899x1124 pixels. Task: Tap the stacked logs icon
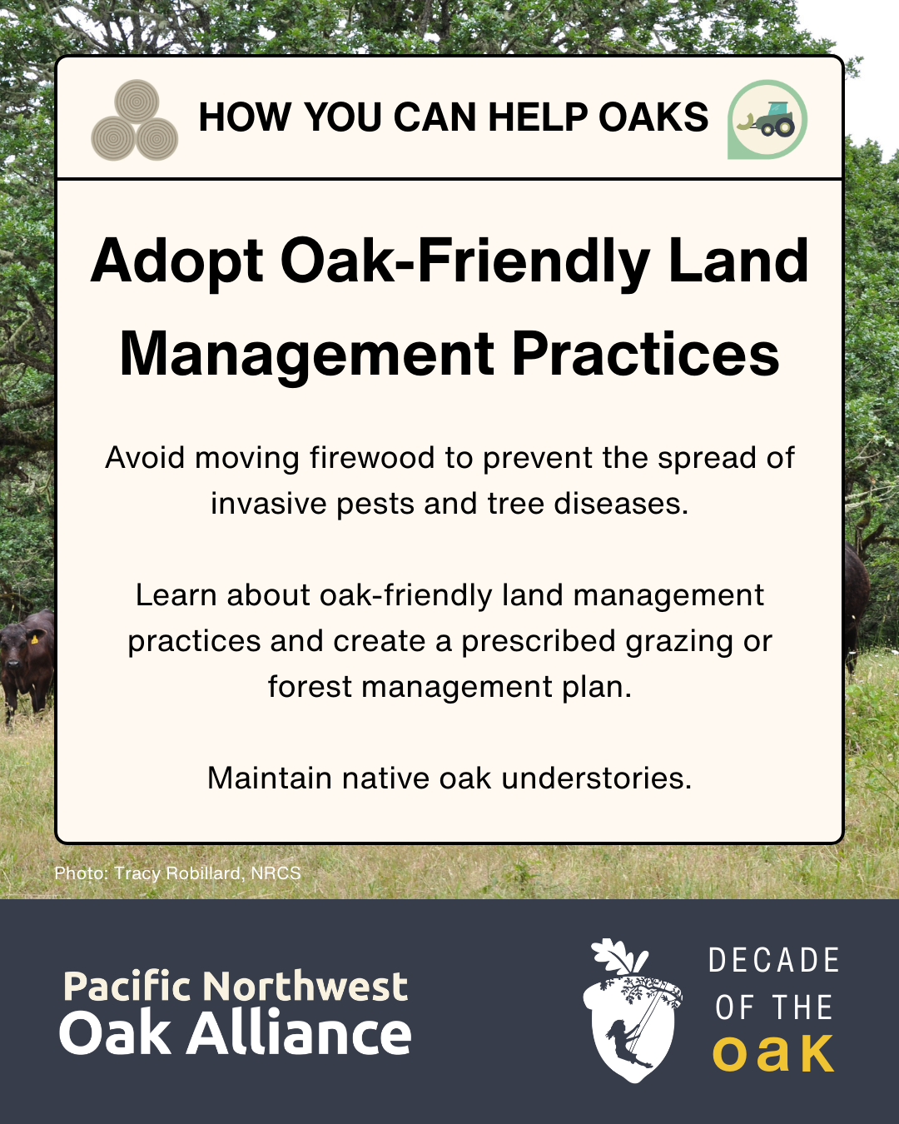pos(134,122)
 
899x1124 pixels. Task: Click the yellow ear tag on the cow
pos(34,639)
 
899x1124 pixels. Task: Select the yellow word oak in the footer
pos(773,1054)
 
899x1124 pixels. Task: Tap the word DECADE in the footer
pos(773,961)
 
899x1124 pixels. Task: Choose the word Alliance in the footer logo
pos(299,1034)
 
